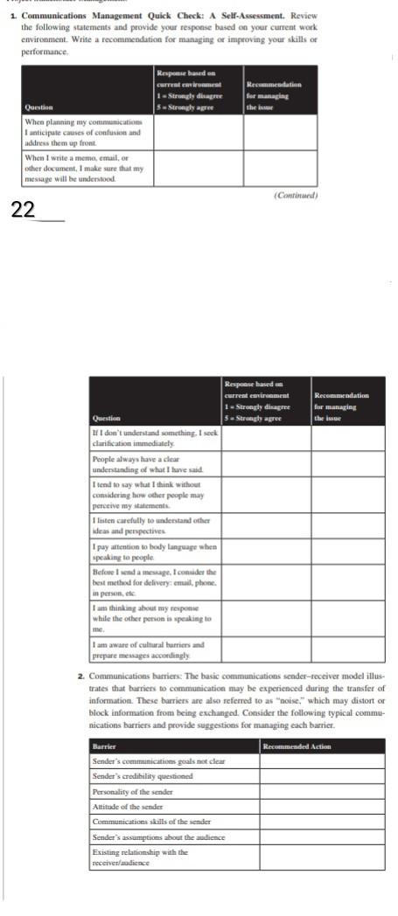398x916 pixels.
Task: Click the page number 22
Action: point(24,209)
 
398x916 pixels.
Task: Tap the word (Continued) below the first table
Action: point(296,196)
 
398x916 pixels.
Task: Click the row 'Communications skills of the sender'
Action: point(151,822)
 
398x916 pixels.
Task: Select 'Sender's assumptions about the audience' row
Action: point(158,836)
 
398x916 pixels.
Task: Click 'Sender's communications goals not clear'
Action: point(158,760)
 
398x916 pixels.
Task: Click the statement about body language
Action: point(154,552)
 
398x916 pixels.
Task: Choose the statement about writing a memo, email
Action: point(83,168)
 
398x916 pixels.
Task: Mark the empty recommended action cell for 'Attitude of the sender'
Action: point(321,806)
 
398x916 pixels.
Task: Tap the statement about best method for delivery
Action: point(154,581)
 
